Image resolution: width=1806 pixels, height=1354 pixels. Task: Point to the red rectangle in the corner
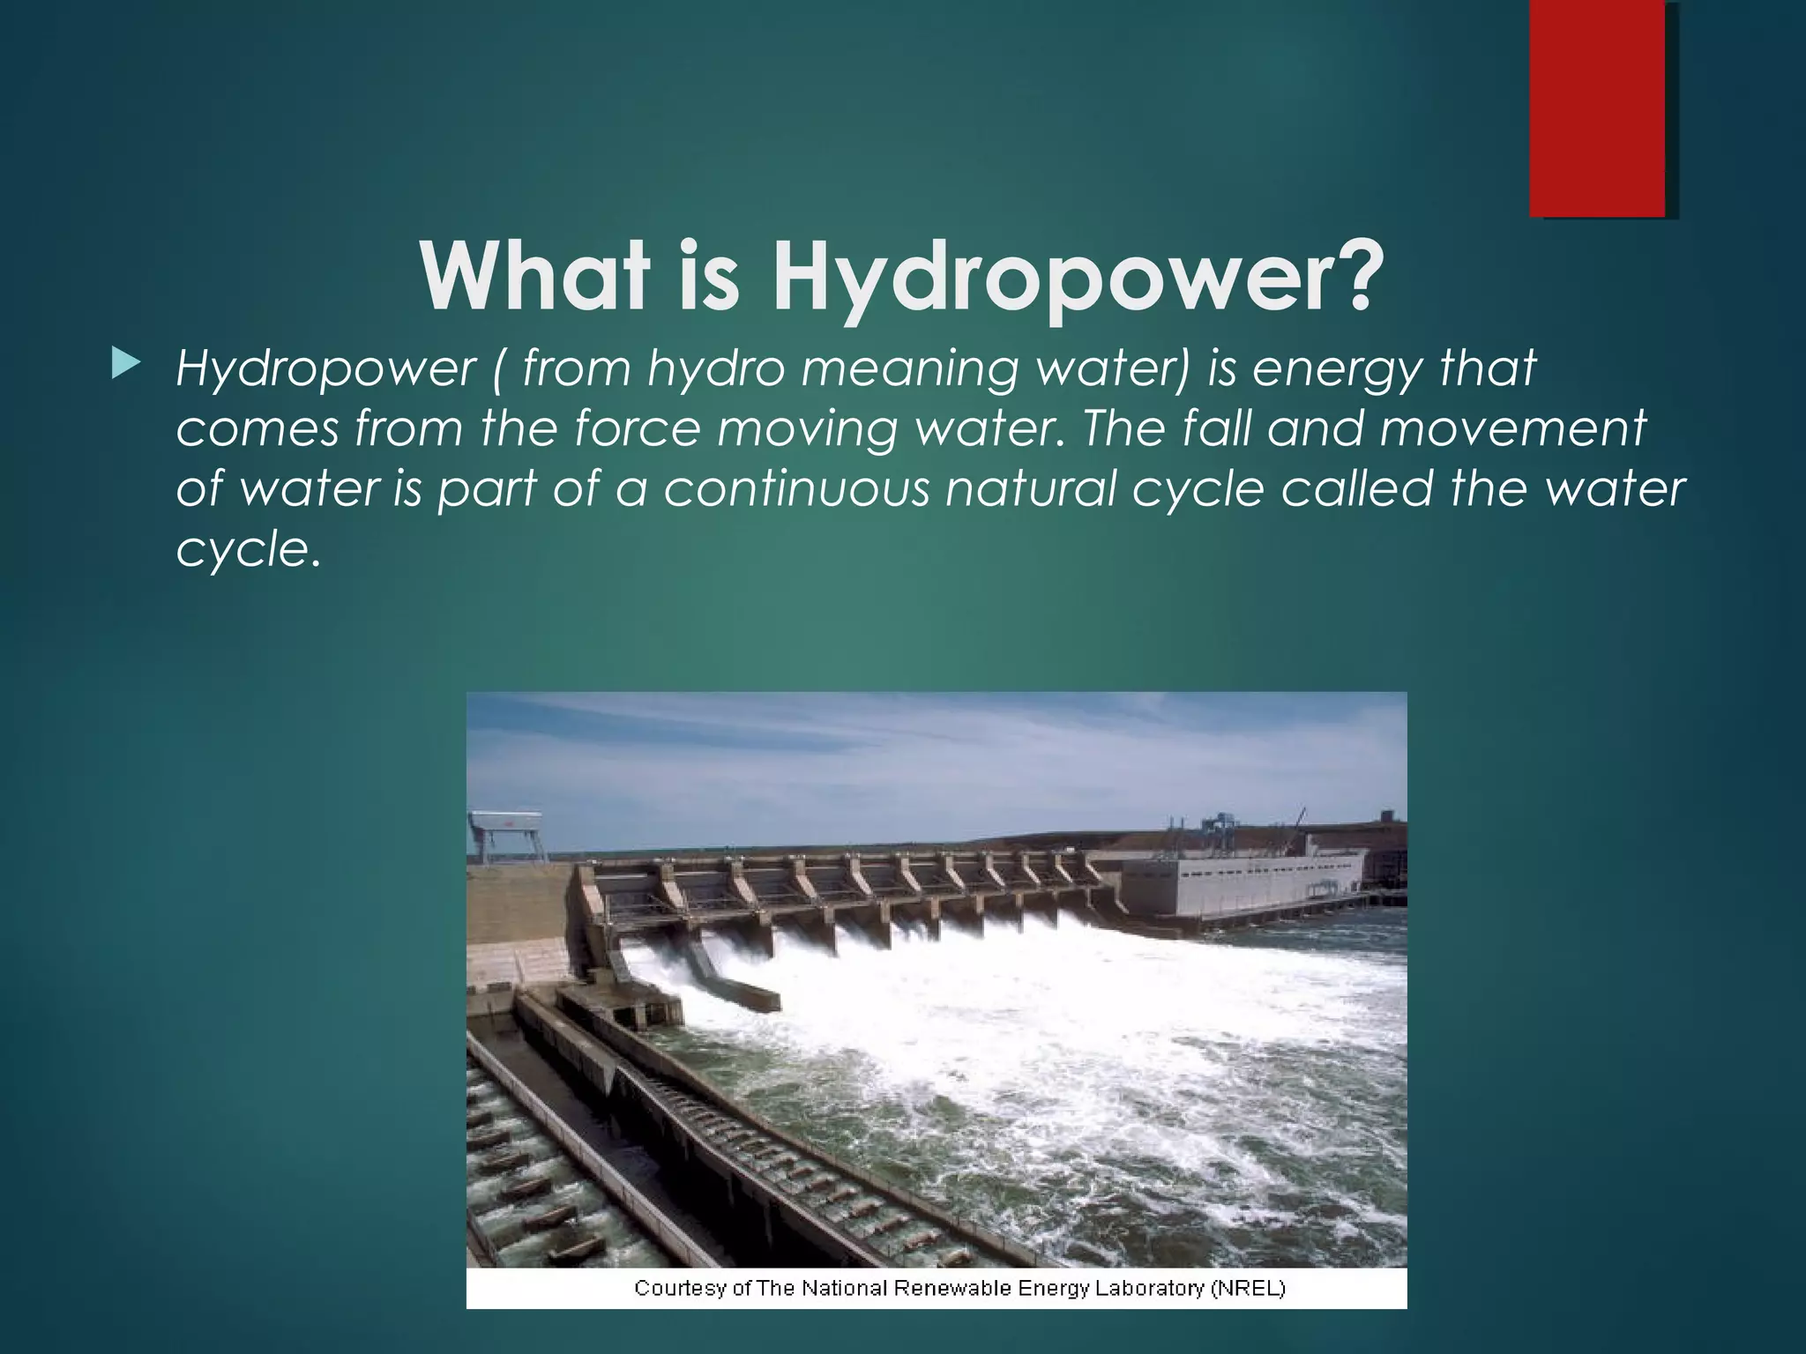coord(1596,108)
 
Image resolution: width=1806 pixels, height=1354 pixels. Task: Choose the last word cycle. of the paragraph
coord(245,550)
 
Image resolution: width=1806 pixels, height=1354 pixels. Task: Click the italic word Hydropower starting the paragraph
coord(325,368)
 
